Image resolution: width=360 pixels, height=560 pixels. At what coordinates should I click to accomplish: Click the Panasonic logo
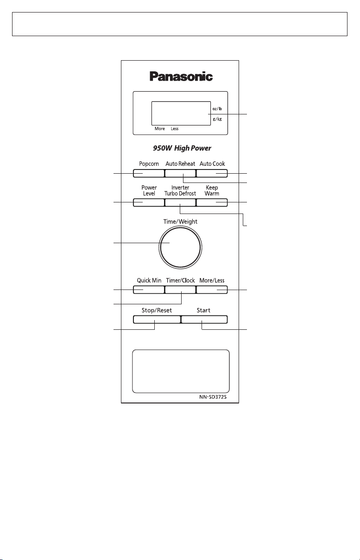click(181, 76)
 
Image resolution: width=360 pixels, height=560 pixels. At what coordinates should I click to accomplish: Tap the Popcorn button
click(149, 173)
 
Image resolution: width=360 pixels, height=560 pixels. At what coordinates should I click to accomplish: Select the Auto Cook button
click(212, 173)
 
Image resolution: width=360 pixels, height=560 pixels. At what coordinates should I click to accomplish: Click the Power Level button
click(149, 202)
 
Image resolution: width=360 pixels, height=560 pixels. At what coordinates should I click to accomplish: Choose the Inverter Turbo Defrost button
click(180, 202)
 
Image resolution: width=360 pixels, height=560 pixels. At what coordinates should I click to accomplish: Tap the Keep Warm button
click(212, 202)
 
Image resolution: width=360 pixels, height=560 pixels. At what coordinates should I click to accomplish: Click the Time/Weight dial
click(180, 247)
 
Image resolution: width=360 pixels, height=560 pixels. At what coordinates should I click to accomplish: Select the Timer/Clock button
click(180, 290)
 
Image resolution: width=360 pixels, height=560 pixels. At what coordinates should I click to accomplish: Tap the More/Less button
click(212, 290)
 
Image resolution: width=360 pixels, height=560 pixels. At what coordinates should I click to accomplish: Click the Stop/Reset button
click(157, 320)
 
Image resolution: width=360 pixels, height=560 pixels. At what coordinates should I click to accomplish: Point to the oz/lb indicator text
click(217, 109)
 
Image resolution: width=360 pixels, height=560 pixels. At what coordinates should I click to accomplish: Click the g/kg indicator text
click(217, 119)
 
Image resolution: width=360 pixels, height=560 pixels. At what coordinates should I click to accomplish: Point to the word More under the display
click(160, 128)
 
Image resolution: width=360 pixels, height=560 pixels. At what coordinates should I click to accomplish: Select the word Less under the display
click(175, 128)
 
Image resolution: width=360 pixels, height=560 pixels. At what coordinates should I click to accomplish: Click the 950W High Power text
click(182, 148)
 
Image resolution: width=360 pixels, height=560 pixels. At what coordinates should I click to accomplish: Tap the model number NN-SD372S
click(213, 397)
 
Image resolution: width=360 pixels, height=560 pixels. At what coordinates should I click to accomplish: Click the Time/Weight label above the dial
click(180, 222)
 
